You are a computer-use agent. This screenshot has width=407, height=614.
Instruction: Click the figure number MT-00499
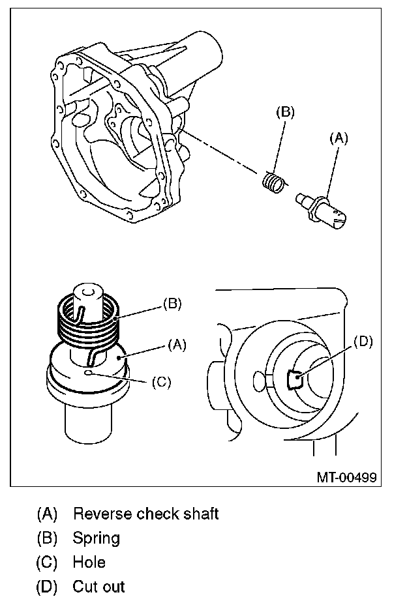point(346,476)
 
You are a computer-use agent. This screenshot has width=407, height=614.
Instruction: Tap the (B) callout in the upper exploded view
point(285,112)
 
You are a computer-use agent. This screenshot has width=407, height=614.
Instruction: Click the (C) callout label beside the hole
point(160,383)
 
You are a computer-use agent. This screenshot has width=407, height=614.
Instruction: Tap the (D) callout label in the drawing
point(363,342)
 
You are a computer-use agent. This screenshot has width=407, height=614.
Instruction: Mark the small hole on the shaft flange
point(87,373)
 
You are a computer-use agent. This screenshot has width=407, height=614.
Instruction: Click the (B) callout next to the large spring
point(171,303)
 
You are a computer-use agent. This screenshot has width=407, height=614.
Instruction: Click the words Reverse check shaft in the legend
point(145,514)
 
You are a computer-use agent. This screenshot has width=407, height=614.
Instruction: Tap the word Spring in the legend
point(97,538)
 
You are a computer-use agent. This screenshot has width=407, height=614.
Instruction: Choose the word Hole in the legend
point(89,562)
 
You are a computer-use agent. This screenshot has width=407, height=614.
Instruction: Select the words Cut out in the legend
point(98,586)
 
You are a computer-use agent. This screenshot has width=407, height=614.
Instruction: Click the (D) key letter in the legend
point(47,586)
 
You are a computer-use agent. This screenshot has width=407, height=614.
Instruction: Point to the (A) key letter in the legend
point(47,514)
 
